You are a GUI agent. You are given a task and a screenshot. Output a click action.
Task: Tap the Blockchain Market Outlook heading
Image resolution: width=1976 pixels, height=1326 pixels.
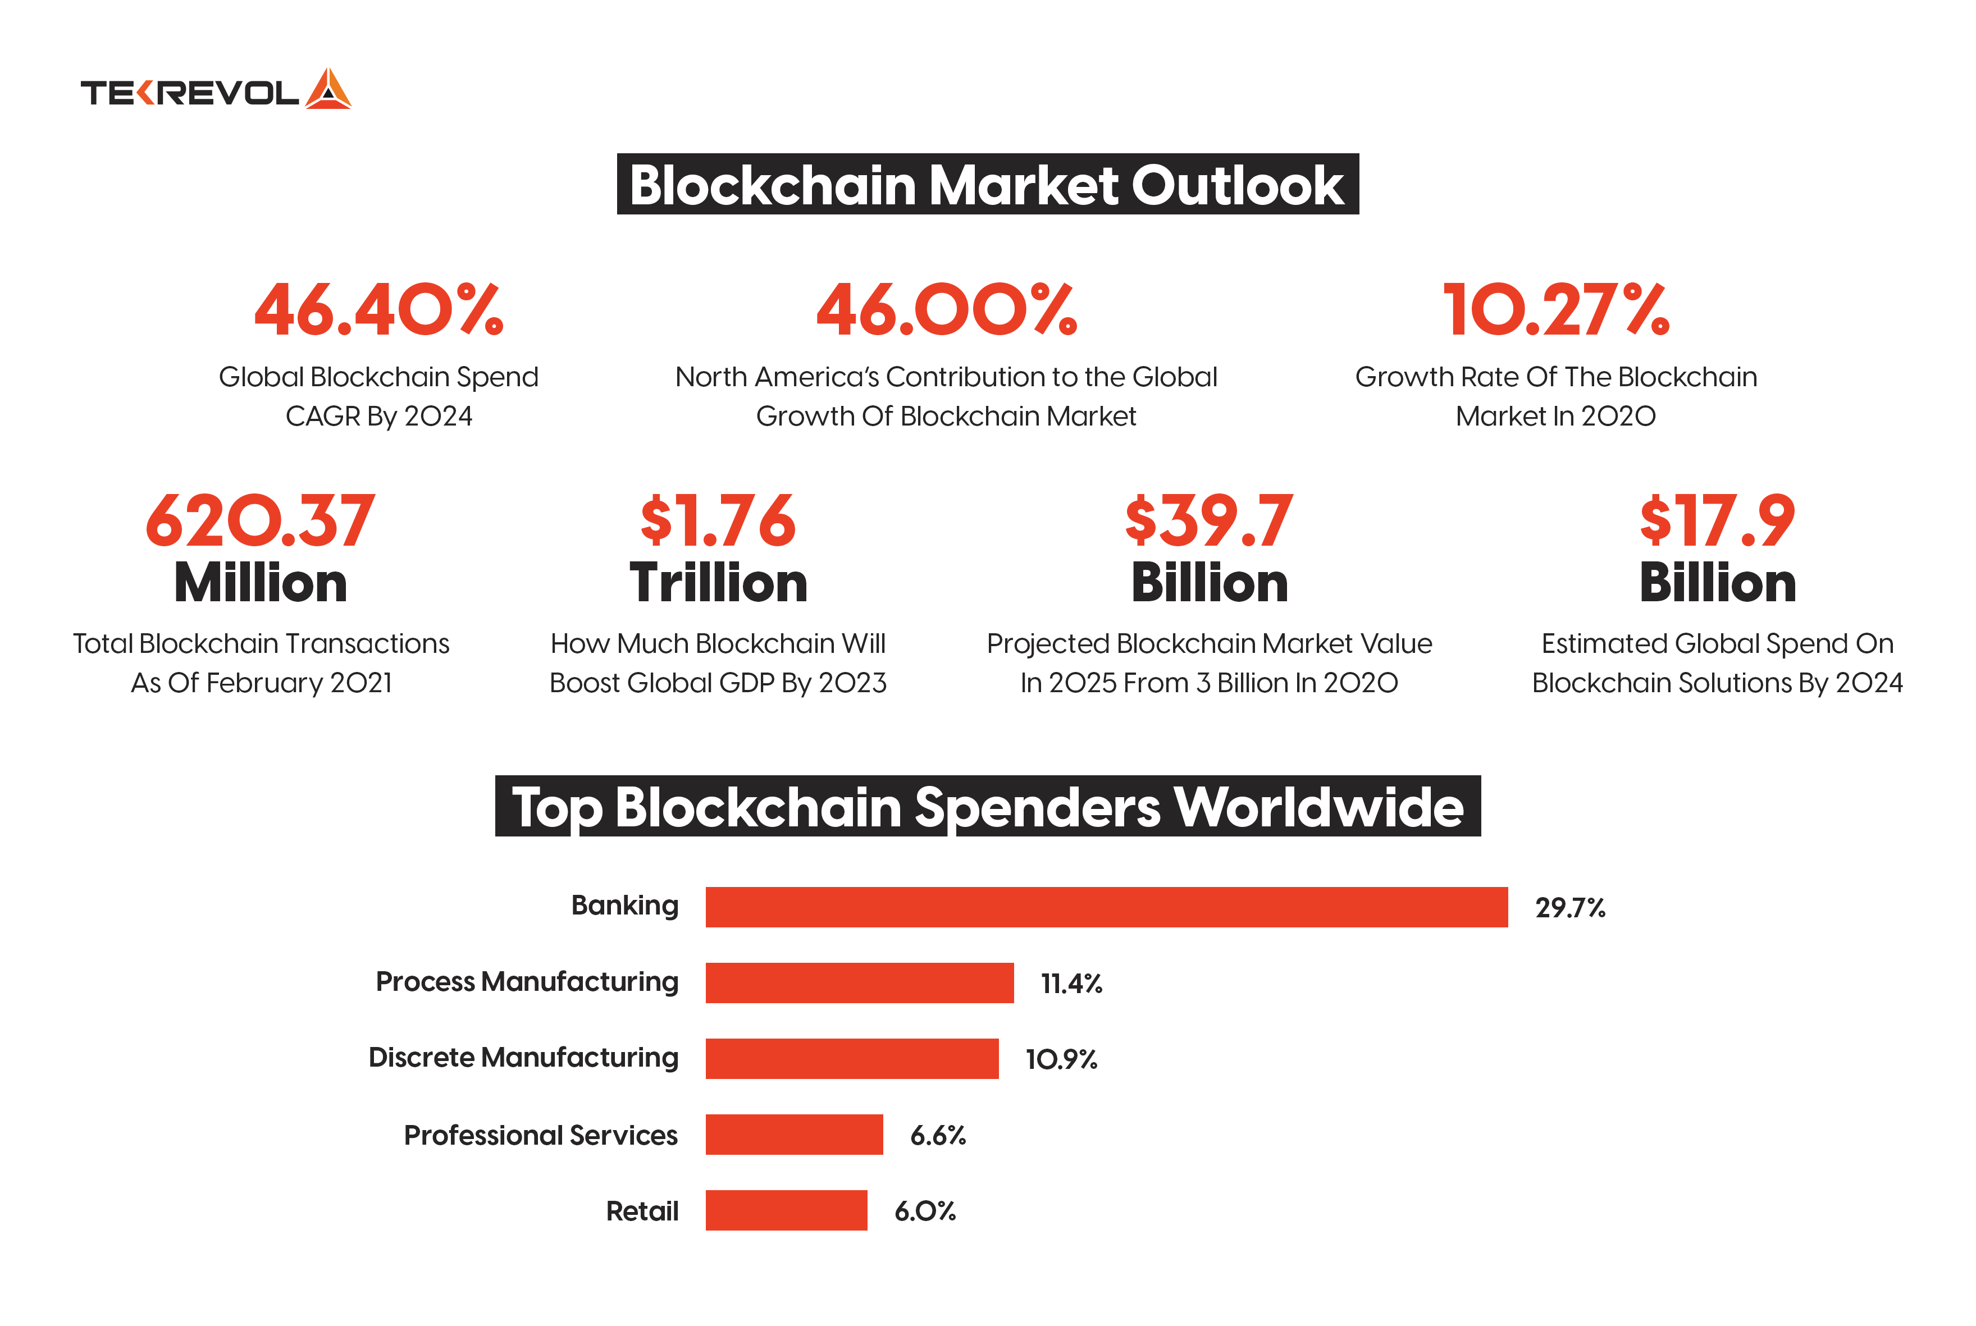pos(987,184)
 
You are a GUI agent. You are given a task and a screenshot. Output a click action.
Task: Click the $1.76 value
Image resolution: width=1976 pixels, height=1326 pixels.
pos(718,521)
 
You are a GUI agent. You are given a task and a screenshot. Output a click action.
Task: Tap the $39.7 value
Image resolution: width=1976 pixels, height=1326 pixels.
pos(1209,521)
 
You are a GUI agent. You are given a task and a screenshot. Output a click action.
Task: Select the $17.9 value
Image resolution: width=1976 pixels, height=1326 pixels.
pos(1717,521)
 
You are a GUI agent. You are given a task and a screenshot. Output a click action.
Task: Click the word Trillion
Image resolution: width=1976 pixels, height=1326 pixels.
pos(718,583)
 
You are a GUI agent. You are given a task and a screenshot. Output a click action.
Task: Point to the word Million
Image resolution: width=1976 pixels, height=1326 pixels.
pos(261,583)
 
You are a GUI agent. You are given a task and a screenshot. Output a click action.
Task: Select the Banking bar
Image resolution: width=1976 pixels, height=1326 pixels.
pos(1106,907)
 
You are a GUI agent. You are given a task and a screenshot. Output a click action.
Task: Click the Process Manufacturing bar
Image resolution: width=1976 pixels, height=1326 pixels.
pos(860,982)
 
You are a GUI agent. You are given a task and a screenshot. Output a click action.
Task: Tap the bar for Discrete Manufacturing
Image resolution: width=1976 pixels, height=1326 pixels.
pos(852,1059)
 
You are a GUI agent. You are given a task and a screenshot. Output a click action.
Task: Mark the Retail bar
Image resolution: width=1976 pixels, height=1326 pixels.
pos(786,1210)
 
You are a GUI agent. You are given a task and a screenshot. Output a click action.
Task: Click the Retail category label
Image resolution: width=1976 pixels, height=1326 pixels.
pos(642,1211)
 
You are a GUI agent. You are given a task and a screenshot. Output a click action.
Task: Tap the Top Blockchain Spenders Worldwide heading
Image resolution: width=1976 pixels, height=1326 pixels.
pos(987,807)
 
